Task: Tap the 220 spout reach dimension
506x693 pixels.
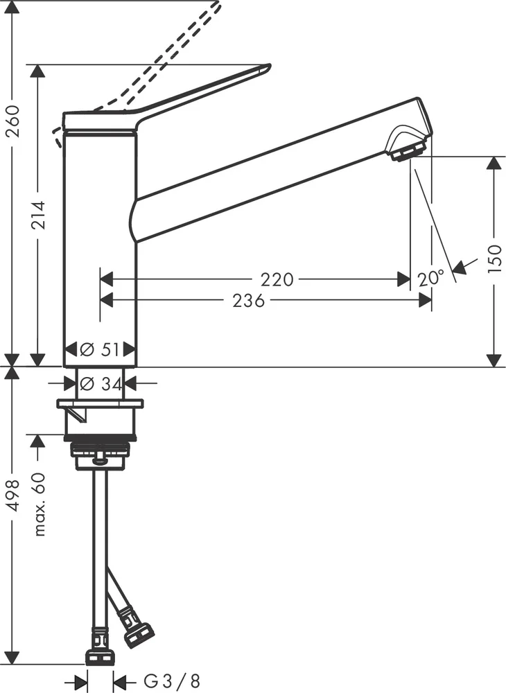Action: click(x=277, y=279)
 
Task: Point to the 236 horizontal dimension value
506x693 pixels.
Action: click(x=248, y=300)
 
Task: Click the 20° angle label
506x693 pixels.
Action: click(x=430, y=279)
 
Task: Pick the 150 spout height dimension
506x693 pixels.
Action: click(x=494, y=259)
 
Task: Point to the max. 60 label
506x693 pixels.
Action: click(x=40, y=504)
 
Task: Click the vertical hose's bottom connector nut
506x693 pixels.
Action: click(x=100, y=656)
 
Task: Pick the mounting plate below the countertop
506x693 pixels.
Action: click(x=100, y=403)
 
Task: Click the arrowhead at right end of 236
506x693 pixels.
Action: click(x=424, y=300)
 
